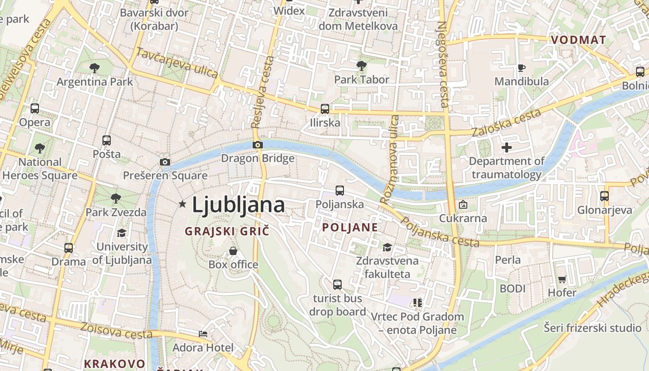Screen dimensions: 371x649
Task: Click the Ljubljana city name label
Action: click(238, 205)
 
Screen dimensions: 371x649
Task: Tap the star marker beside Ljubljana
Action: click(183, 204)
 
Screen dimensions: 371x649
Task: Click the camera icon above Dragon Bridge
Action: click(258, 145)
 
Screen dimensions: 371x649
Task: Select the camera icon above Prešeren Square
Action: click(165, 162)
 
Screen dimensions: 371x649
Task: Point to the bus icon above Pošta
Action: click(107, 140)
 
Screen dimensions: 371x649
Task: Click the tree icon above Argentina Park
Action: click(95, 68)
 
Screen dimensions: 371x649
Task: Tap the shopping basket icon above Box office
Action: click(233, 251)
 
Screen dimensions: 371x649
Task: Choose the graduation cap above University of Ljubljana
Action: click(122, 233)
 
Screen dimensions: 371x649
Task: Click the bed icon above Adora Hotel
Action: click(203, 333)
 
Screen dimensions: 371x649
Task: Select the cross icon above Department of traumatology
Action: click(507, 147)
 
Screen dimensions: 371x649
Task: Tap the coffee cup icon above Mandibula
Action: click(522, 68)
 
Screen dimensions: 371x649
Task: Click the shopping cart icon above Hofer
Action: click(562, 279)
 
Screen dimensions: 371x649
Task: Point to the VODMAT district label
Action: click(578, 40)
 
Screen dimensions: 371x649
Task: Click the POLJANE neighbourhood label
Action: click(350, 227)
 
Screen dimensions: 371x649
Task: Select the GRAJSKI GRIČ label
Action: click(227, 231)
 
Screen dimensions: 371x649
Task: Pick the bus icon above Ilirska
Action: click(325, 109)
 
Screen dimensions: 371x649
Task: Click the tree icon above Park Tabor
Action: click(362, 66)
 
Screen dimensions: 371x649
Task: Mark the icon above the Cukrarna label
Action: click(463, 205)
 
